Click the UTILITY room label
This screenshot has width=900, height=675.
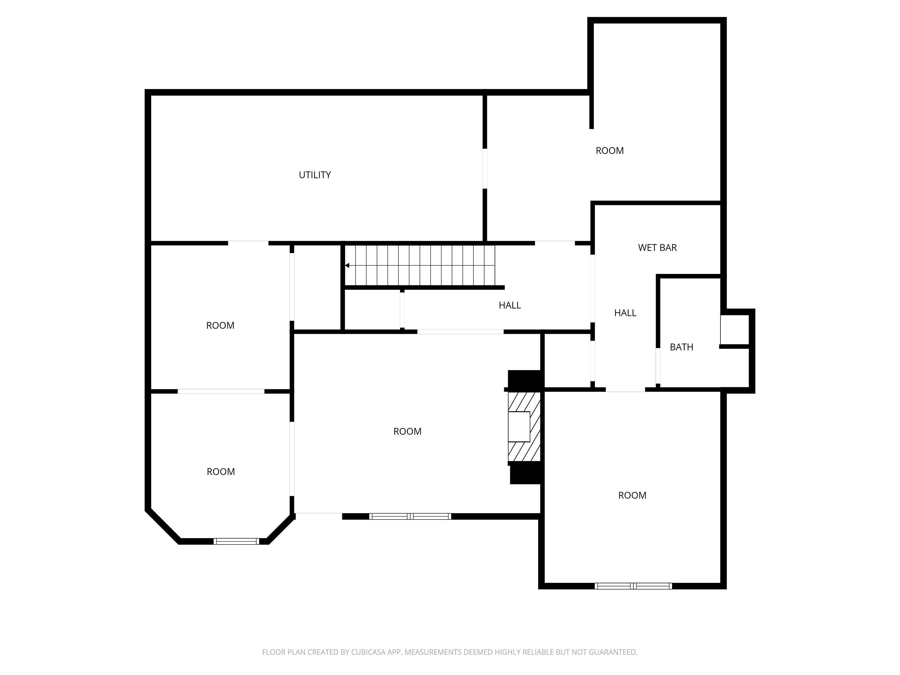coord(315,175)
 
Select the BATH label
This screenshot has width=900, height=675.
coord(682,347)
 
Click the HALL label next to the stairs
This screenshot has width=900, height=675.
coord(510,305)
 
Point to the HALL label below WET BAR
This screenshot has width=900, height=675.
coord(625,313)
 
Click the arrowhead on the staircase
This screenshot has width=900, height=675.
coord(347,265)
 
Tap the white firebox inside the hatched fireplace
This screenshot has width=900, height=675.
coord(519,426)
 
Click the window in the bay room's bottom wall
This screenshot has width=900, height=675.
coord(236,541)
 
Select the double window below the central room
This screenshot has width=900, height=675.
coord(410,516)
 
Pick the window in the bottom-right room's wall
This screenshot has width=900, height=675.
coord(633,586)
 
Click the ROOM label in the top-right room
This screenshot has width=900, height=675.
coord(609,151)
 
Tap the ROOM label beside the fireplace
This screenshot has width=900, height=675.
coord(407,431)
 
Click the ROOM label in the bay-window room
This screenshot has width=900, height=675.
coord(221,472)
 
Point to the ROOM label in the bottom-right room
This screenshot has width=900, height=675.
coord(632,495)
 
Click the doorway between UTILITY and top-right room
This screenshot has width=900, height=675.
coord(485,168)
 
